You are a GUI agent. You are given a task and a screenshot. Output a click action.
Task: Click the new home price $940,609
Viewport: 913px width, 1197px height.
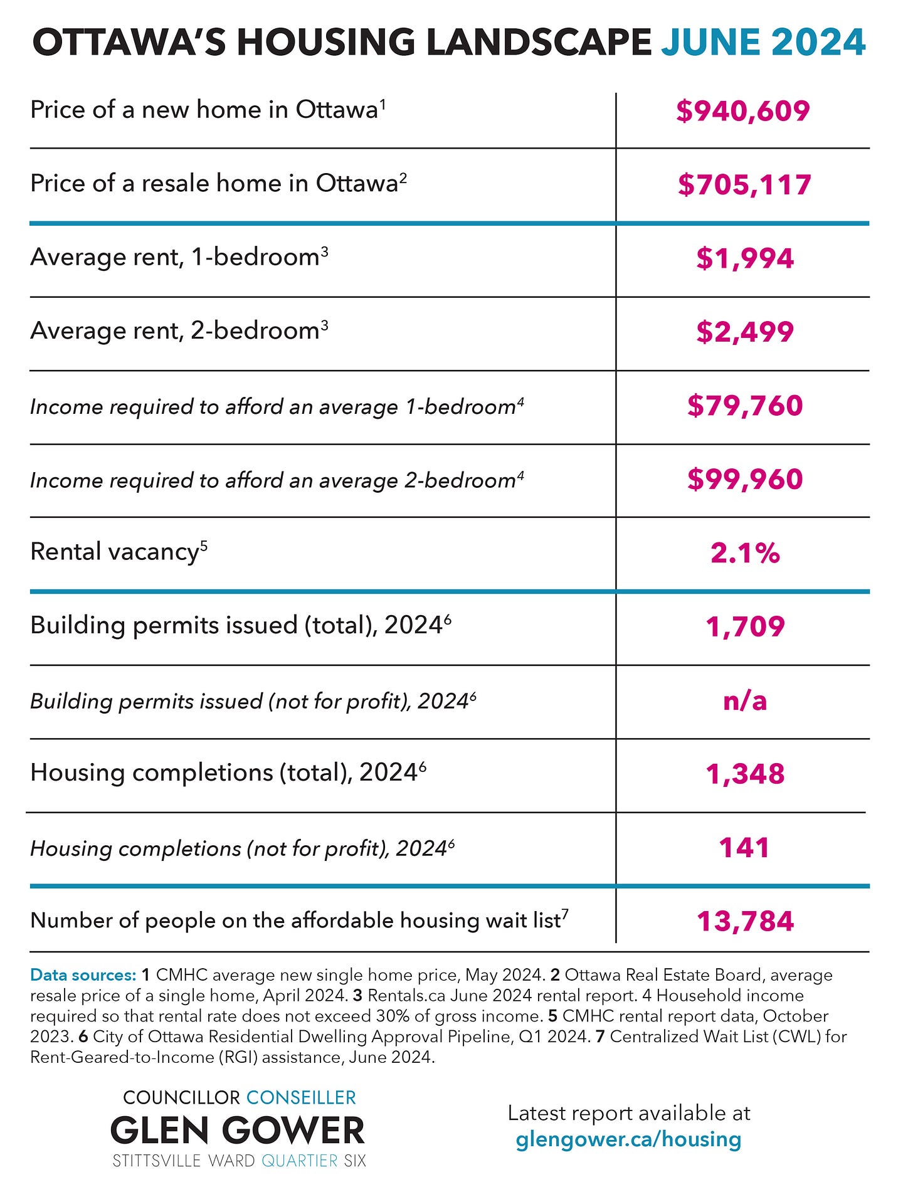(x=743, y=111)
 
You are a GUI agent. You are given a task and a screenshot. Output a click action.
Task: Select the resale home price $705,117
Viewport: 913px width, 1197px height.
(x=744, y=185)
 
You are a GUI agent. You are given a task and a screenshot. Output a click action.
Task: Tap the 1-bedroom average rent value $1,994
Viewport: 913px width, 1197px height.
(x=745, y=258)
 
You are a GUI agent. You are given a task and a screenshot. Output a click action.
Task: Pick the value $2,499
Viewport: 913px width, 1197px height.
(x=745, y=332)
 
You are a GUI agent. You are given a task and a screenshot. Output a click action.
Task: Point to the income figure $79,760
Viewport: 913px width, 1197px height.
(x=745, y=406)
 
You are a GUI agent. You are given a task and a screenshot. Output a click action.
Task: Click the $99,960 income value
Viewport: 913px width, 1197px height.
(x=745, y=480)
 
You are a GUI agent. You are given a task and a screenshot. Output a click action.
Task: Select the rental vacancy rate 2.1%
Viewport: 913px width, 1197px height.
(x=745, y=553)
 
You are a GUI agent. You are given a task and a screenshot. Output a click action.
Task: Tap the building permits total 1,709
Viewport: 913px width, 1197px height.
(x=745, y=627)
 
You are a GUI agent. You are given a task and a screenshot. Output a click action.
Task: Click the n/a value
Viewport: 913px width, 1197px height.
(x=745, y=700)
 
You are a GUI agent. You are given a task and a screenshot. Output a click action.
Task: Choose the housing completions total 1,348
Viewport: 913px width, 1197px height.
(x=745, y=774)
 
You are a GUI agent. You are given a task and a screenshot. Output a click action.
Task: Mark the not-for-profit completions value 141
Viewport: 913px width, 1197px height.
(x=744, y=848)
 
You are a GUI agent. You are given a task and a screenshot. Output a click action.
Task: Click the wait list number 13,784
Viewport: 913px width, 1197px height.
(x=745, y=921)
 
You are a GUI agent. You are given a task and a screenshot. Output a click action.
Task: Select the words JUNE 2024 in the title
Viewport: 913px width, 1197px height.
(x=764, y=43)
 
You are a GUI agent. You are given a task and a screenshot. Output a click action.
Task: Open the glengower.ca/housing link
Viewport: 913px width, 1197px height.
(x=628, y=1139)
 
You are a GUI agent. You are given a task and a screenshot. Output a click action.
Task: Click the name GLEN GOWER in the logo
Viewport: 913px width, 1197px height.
(x=238, y=1131)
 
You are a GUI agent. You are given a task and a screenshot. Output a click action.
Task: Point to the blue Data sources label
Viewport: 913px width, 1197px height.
(x=83, y=975)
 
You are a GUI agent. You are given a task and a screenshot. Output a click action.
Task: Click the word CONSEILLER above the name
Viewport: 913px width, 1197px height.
(x=301, y=1097)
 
